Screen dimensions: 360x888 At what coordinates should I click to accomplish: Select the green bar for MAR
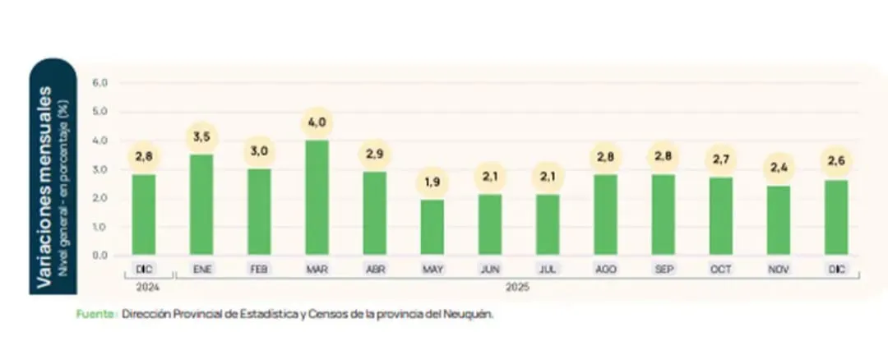coord(317,197)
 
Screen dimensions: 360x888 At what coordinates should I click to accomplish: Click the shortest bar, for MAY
coord(432,227)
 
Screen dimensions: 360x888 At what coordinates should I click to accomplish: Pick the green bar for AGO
coord(605,214)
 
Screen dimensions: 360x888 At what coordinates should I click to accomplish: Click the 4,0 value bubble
coord(317,122)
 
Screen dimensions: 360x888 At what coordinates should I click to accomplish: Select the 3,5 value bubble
coord(201,136)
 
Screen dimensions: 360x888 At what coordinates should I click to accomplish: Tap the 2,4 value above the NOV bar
coord(778,168)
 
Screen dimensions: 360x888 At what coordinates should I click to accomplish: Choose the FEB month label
coord(258,269)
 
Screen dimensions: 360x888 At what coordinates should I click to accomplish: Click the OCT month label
coord(720,269)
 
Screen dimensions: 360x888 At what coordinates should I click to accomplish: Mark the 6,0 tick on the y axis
coord(100,83)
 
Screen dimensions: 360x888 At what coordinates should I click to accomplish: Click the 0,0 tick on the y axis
coord(100,256)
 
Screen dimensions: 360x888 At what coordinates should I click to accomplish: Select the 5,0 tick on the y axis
coord(100,112)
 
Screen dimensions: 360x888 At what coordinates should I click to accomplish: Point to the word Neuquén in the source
coord(473,314)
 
